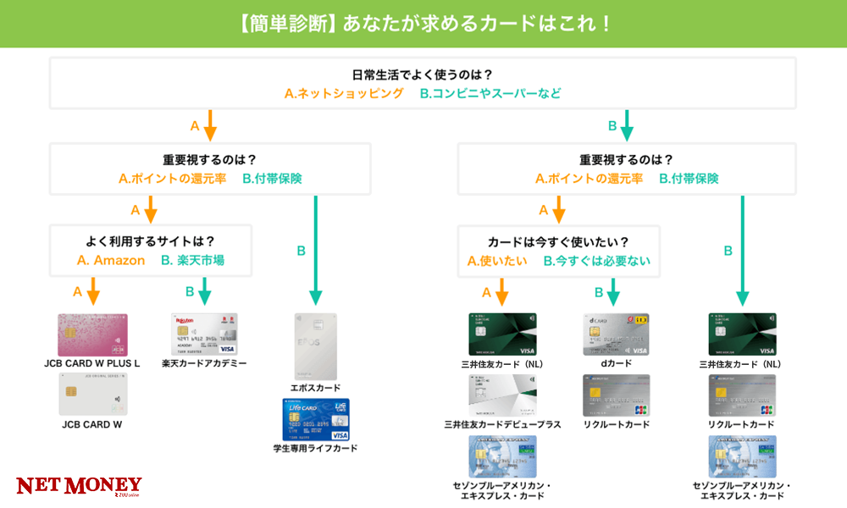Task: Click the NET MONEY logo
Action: click(x=80, y=486)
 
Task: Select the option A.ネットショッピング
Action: click(x=344, y=93)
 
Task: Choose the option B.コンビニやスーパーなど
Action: click(x=490, y=93)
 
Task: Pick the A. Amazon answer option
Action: click(x=111, y=260)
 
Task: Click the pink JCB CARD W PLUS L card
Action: click(x=92, y=334)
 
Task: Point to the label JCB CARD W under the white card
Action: click(x=92, y=424)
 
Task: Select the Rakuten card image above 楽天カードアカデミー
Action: click(x=204, y=334)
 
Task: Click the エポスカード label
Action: click(x=315, y=388)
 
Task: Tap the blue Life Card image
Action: click(x=316, y=419)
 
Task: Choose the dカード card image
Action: click(x=616, y=334)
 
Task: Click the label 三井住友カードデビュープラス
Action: click(x=502, y=424)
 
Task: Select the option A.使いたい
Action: click(x=497, y=261)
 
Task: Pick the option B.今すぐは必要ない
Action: click(x=597, y=261)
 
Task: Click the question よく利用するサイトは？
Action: click(x=151, y=240)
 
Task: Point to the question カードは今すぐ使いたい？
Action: click(x=559, y=240)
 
